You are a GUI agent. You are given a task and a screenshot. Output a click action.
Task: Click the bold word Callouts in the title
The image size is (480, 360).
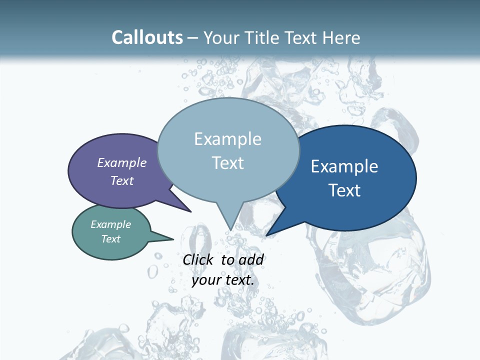pos(147,37)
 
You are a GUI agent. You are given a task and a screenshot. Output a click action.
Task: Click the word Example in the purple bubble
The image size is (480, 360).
pos(122,163)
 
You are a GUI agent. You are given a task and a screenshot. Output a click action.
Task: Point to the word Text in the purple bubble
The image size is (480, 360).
pos(122,180)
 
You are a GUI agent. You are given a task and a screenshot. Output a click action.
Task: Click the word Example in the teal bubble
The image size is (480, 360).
pos(111,224)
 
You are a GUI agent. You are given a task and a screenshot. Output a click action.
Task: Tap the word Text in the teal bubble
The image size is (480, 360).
pos(111,239)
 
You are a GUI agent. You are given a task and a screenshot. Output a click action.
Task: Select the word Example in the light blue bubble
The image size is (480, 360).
pos(227,139)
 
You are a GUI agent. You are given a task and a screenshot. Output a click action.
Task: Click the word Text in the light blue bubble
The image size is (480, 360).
pos(228,163)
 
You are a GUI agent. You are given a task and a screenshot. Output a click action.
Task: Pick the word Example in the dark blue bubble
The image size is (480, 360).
pos(344,166)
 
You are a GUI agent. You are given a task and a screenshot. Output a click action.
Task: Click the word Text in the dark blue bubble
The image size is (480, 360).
pos(345,190)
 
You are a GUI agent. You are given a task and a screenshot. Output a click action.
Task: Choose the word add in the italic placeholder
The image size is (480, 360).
pos(251,259)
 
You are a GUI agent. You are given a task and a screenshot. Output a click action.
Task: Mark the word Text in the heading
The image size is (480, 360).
pos(301,38)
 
